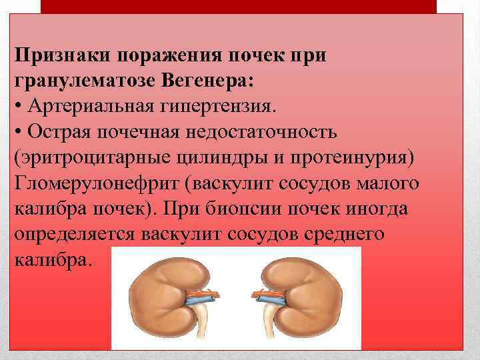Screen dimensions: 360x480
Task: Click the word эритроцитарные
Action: pyautogui.click(x=84, y=157)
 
